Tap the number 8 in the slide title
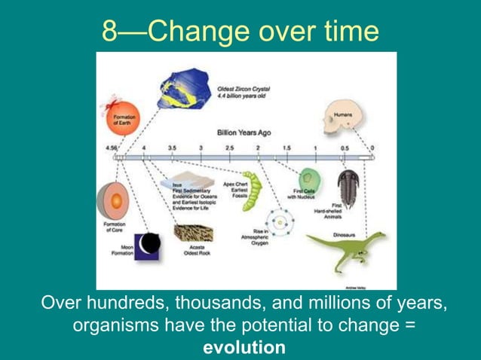pos(111,31)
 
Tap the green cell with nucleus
pos(308,179)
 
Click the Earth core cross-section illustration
pos(110,202)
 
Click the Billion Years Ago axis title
pos(244,132)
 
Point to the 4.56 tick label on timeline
pos(114,148)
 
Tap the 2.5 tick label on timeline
pos(229,148)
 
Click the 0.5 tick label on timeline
pos(344,148)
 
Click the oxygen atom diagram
pos(281,221)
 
